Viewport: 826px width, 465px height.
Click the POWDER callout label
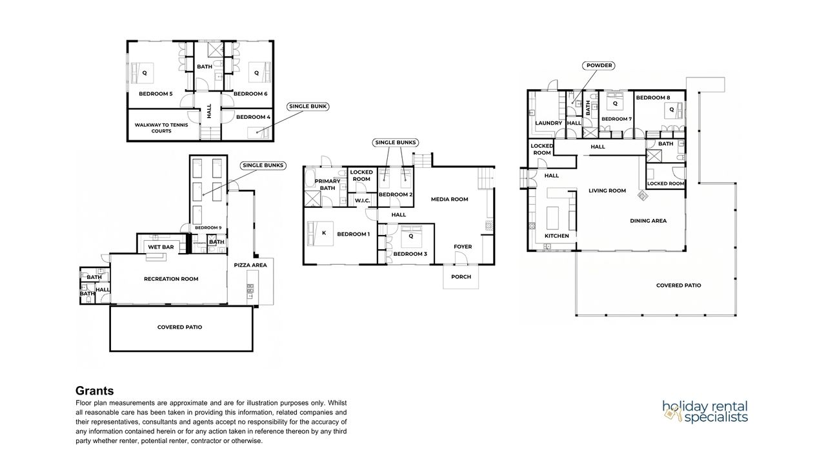[x=599, y=65]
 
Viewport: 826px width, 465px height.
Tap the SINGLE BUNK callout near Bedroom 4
[x=308, y=107]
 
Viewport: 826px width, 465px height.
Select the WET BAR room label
[x=161, y=247]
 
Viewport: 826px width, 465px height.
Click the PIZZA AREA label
[x=250, y=265]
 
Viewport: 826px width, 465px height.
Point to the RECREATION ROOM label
[x=171, y=279]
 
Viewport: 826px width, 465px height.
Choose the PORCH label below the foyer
[x=461, y=277]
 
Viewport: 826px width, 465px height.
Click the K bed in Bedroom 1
[x=321, y=234]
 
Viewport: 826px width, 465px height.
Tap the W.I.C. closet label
[x=363, y=201]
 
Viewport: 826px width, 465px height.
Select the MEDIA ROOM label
[x=450, y=200]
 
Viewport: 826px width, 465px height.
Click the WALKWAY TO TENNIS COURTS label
[x=161, y=128]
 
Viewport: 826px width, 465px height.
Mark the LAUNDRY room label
[x=549, y=123]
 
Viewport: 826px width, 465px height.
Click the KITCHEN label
[x=557, y=236]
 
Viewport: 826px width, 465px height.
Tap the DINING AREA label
[x=649, y=221]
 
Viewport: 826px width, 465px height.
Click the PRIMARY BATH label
[x=327, y=185]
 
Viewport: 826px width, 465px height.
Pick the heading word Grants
[x=95, y=391]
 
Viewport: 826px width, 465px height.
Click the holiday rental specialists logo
[x=705, y=411]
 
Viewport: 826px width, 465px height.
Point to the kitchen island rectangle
[x=552, y=218]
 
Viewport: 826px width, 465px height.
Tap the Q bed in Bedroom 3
[x=411, y=236]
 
